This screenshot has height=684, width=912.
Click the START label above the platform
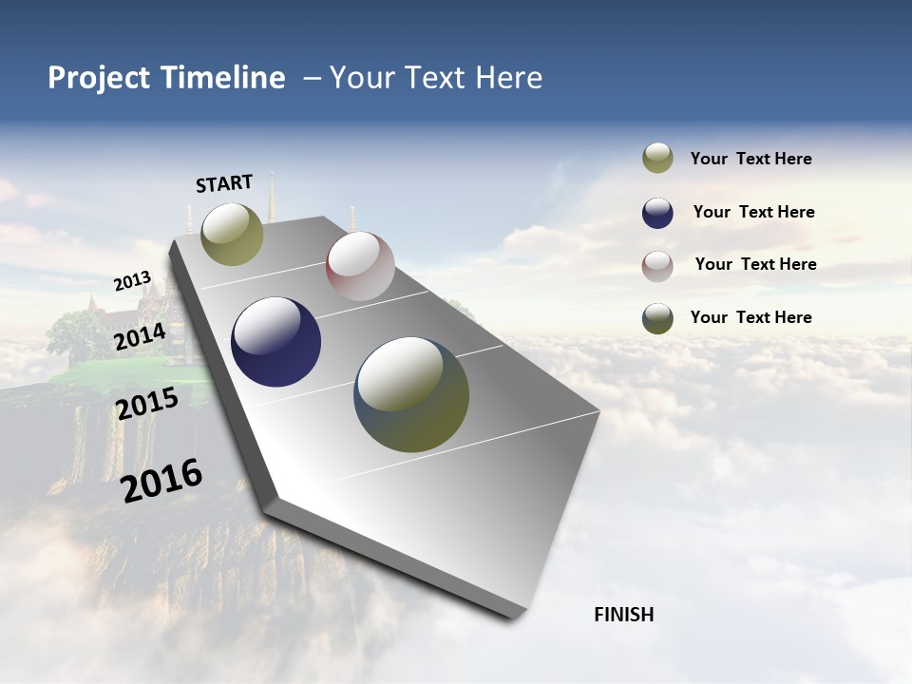click(224, 183)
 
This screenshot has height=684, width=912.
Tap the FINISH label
click(623, 615)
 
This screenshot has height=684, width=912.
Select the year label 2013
click(132, 281)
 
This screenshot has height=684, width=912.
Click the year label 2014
click(140, 337)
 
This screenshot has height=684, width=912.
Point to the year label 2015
click(147, 404)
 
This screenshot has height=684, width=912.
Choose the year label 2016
click(161, 481)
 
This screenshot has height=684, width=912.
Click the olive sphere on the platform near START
click(232, 234)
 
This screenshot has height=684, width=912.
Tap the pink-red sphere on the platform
click(360, 266)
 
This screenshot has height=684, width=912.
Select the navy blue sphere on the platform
click(275, 342)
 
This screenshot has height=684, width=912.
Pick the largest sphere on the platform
click(411, 394)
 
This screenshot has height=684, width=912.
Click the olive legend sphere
click(657, 159)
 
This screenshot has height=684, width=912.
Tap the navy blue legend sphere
click(657, 213)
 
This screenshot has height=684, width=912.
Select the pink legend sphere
click(657, 265)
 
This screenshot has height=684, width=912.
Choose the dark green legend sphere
click(657, 318)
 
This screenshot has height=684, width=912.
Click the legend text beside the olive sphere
click(750, 159)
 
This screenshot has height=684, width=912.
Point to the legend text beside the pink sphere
click(755, 264)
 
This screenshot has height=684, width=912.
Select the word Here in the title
click(508, 78)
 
